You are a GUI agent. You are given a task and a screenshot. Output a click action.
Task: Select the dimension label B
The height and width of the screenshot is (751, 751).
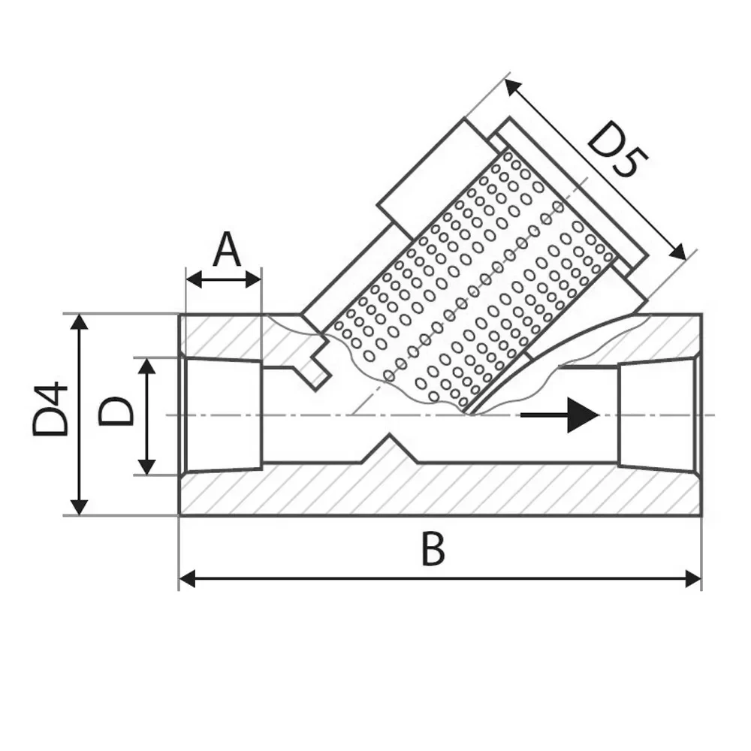pyautogui.click(x=433, y=550)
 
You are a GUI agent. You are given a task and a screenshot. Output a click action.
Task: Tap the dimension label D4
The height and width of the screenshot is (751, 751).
pyautogui.click(x=50, y=409)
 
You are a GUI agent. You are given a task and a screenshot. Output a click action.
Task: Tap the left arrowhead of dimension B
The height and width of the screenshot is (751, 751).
pyautogui.click(x=187, y=578)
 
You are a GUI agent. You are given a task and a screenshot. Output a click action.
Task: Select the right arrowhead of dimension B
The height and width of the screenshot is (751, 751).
pyautogui.click(x=693, y=578)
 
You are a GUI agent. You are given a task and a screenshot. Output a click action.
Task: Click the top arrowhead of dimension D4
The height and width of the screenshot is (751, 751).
pyautogui.click(x=80, y=323)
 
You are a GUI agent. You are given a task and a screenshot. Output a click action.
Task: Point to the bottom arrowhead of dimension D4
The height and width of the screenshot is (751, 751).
pyautogui.click(x=80, y=507)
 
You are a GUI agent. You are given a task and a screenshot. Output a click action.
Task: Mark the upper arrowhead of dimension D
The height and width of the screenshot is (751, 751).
pyautogui.click(x=146, y=366)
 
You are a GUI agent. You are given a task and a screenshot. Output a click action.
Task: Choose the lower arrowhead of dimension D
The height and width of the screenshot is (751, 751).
pyautogui.click(x=146, y=466)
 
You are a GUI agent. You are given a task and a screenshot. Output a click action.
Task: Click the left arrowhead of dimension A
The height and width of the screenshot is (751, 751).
pyautogui.click(x=194, y=279)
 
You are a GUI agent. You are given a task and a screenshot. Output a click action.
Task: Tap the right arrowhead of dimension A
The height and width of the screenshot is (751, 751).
pyautogui.click(x=253, y=279)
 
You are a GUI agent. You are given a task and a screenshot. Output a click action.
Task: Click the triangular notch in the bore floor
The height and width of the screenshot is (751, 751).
pyautogui.click(x=389, y=449)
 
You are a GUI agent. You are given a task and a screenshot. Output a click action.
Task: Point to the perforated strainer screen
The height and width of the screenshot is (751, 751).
pyautogui.click(x=474, y=282)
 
